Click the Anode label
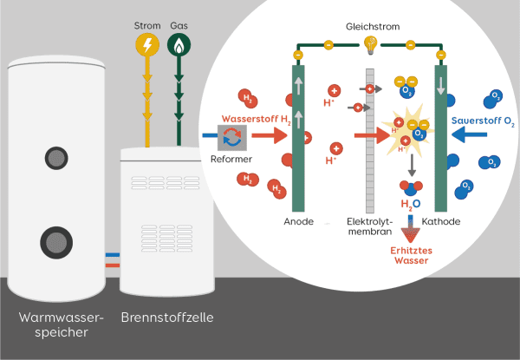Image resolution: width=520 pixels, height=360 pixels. click(298, 222)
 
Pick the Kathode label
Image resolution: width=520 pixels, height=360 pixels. click(440, 222)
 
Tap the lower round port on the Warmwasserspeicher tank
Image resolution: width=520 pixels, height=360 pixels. click(56, 241)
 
